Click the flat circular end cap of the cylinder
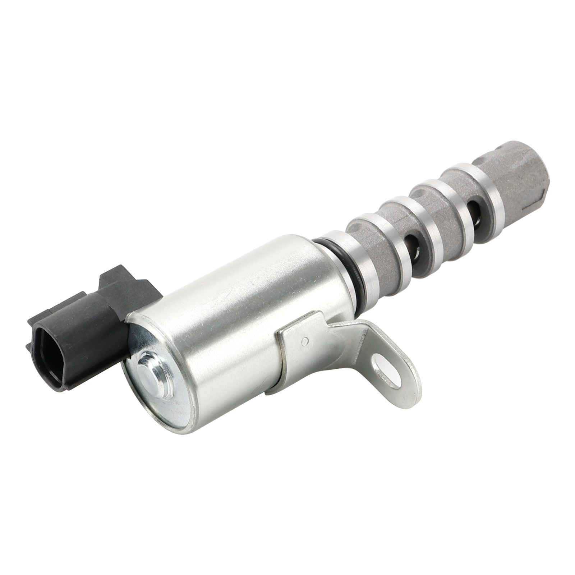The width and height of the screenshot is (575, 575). coord(158,374)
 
